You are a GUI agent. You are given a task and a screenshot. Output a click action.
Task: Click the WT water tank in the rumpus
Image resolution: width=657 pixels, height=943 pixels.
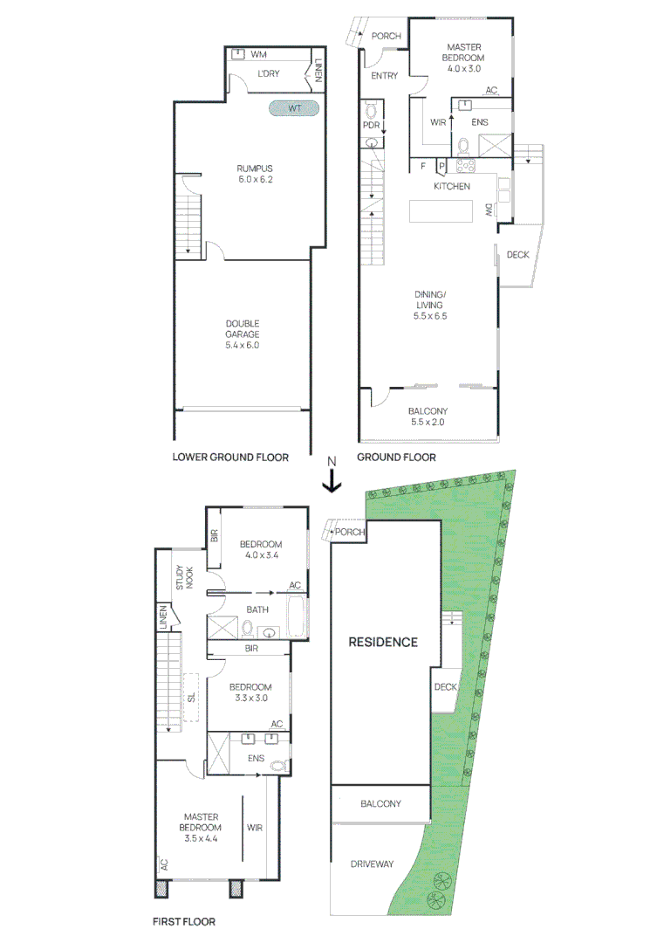[293, 108]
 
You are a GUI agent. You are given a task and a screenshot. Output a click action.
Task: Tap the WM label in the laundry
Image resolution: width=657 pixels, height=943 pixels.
[258, 55]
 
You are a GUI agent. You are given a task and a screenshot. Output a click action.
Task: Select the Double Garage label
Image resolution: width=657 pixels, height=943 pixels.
[243, 334]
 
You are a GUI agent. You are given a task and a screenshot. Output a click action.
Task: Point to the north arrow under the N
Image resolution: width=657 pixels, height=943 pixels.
[331, 481]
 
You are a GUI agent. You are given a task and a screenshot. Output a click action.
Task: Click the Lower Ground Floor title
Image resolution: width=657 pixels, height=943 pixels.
[230, 457]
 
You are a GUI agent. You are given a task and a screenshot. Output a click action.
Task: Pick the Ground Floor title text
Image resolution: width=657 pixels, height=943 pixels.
[397, 457]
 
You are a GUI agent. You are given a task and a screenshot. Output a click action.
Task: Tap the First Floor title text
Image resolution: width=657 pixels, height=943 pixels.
[184, 920]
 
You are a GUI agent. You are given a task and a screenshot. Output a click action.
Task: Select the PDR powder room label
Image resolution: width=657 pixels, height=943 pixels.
[372, 126]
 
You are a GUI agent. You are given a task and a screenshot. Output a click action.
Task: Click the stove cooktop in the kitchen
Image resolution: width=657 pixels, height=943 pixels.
[465, 165]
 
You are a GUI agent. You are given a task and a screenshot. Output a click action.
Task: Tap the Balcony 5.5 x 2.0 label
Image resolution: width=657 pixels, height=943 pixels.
[428, 416]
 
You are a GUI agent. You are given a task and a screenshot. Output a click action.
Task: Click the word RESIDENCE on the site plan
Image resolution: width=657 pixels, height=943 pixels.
[383, 642]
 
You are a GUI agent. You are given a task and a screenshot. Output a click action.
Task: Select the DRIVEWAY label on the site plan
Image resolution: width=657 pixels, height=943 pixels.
[372, 864]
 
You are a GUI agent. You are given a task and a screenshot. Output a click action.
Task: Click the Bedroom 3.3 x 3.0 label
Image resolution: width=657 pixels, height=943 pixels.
[252, 692]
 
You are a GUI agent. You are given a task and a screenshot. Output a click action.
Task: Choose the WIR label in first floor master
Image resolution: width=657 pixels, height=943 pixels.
[256, 827]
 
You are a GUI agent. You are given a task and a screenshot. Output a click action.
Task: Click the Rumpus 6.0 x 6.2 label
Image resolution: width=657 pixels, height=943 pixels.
[255, 174]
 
